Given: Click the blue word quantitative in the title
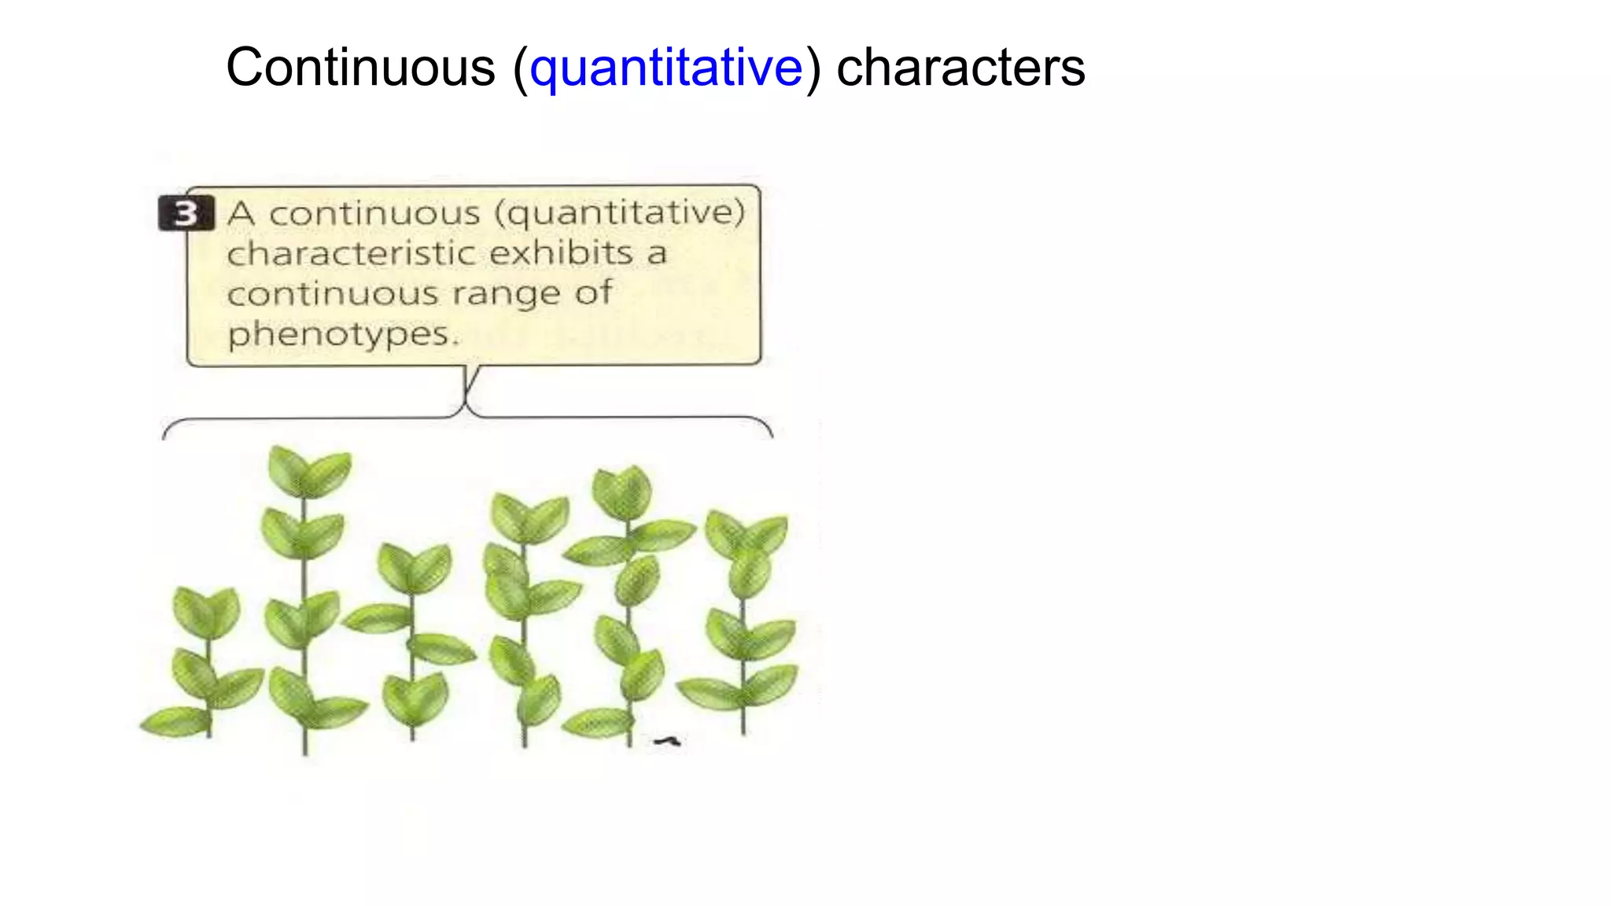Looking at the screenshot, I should [x=666, y=68].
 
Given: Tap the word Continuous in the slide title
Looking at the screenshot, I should [x=360, y=68].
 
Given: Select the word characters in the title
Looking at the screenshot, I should [x=960, y=68].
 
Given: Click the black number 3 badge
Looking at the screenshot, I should [x=186, y=212].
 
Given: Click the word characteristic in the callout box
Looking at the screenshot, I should [x=352, y=253].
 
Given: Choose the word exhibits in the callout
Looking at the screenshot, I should [x=561, y=253].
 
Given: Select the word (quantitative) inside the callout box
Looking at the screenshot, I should [x=620, y=212].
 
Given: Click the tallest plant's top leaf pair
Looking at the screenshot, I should [x=309, y=471].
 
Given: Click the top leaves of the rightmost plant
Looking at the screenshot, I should [x=746, y=533].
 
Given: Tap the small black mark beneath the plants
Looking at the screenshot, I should [x=668, y=740].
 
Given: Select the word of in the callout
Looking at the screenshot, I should [x=593, y=293].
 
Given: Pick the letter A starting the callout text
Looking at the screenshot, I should [x=241, y=213].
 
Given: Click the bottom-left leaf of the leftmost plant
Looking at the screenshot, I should [x=175, y=720].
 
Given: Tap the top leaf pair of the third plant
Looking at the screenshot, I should [x=414, y=567].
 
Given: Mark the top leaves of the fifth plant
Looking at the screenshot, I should [x=622, y=492].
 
